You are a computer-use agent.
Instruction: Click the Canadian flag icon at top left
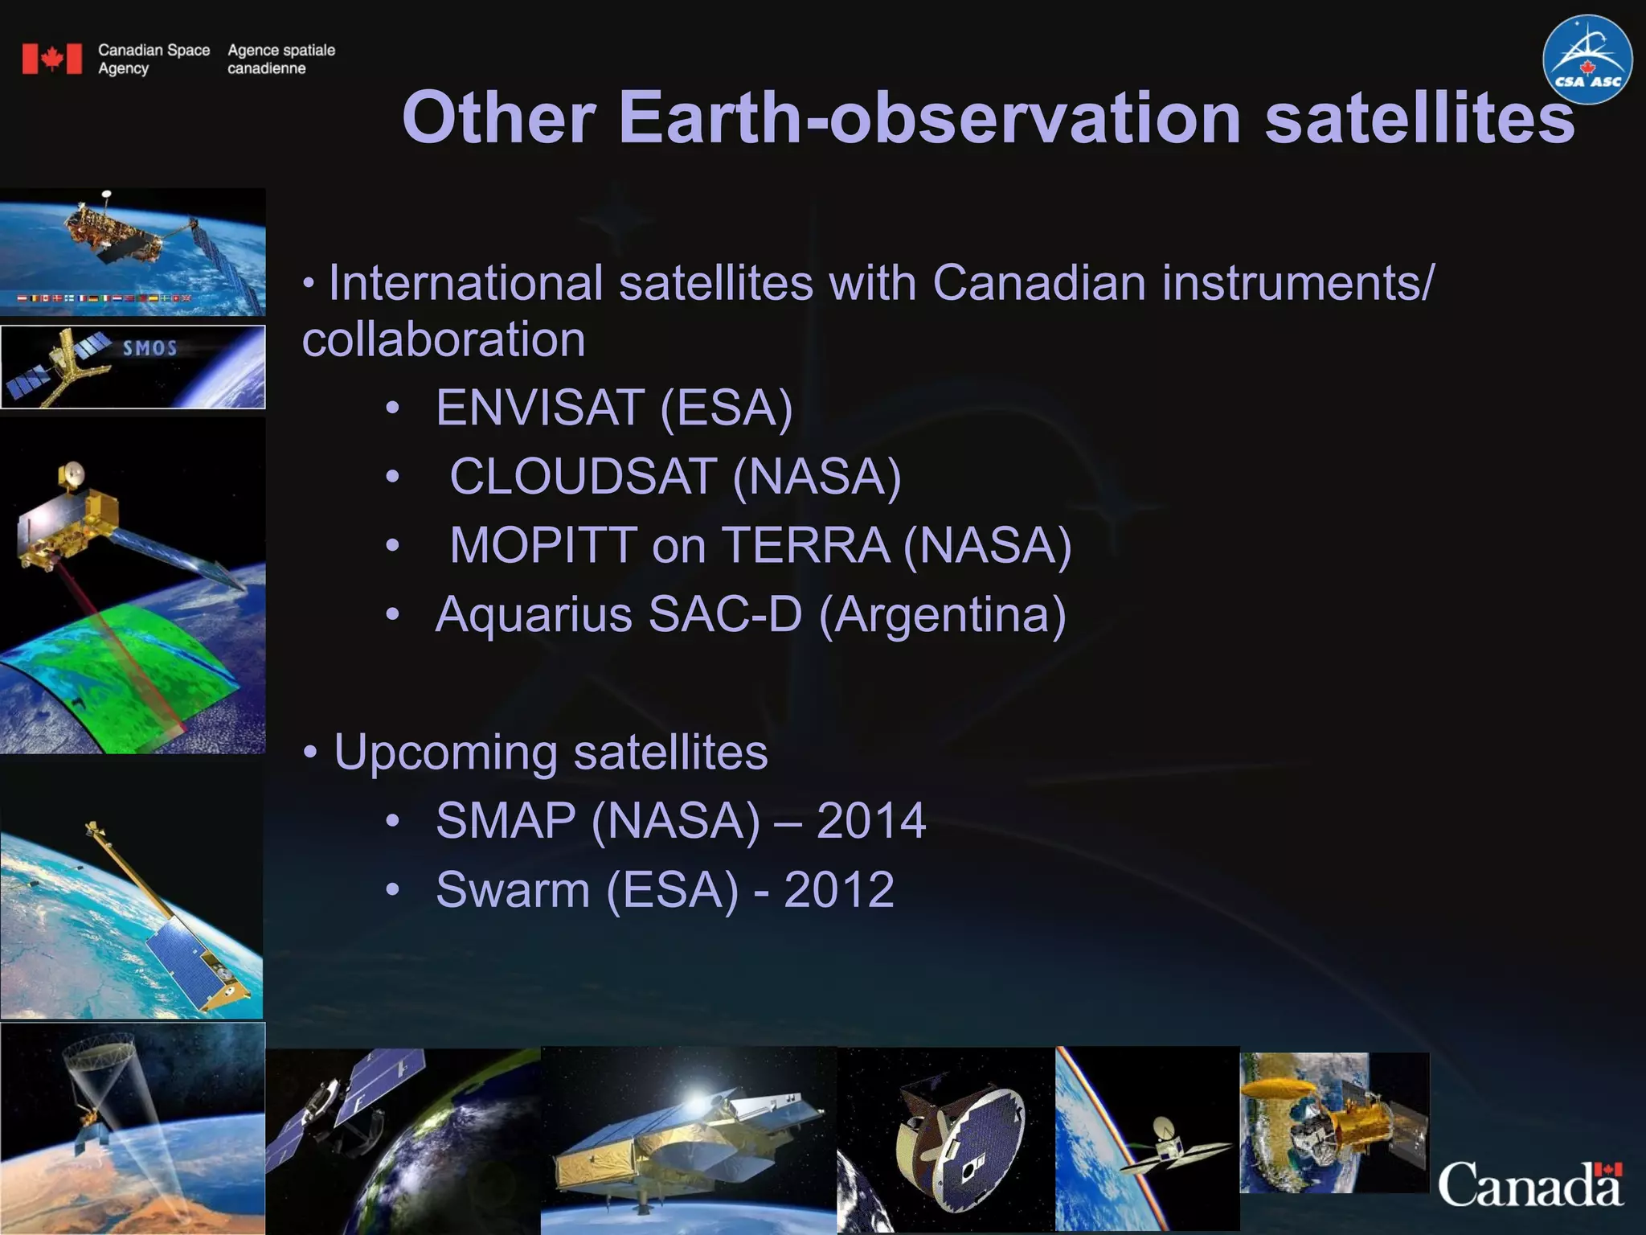point(51,59)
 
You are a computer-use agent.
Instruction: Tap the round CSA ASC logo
point(1587,59)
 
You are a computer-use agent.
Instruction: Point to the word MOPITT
point(543,546)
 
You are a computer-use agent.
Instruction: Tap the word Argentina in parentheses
point(942,615)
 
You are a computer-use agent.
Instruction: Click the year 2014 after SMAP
point(871,821)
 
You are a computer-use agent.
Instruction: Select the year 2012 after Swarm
point(838,890)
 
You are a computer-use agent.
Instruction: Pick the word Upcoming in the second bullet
point(445,753)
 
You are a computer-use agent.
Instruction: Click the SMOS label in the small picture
point(149,348)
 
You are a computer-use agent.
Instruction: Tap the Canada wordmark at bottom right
point(1530,1184)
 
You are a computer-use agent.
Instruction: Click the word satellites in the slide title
point(1419,118)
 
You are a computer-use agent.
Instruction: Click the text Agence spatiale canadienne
point(280,59)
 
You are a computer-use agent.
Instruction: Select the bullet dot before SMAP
point(391,822)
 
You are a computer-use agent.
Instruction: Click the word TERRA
point(806,546)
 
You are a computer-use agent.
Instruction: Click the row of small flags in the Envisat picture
point(104,298)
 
